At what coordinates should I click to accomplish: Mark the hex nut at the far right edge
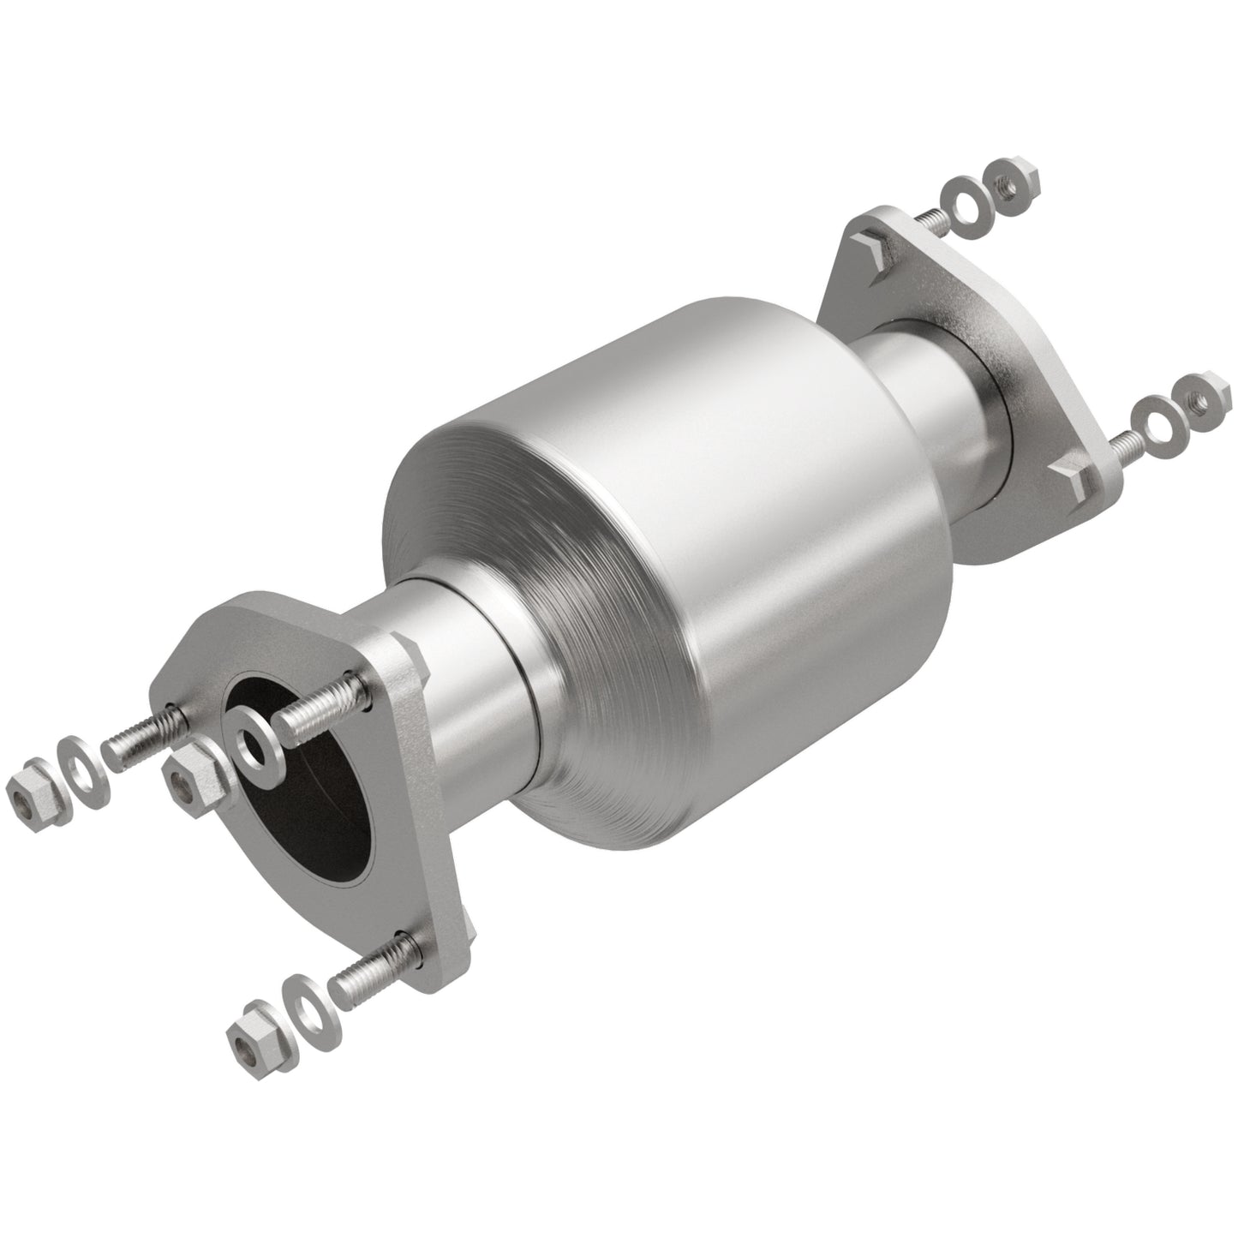click(x=1201, y=394)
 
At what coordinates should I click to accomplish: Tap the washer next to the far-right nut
click(x=1152, y=417)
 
